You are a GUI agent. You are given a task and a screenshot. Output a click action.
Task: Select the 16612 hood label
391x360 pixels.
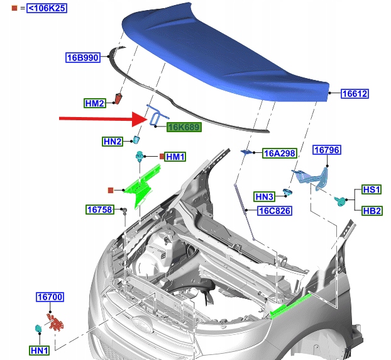pos(355,94)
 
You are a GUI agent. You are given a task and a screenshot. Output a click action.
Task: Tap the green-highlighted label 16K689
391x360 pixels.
pos(184,127)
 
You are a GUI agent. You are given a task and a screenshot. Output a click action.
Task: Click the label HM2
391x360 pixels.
pos(95,103)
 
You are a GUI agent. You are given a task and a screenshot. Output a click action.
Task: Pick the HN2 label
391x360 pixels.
pos(113,142)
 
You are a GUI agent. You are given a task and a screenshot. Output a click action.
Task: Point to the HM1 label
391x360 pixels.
pos(175,157)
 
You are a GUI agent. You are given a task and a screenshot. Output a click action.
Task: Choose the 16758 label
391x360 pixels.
pos(100,209)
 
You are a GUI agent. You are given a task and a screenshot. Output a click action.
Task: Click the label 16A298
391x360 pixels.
pos(279,153)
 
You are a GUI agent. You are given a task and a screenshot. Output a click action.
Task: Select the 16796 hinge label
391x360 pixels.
pos(327,150)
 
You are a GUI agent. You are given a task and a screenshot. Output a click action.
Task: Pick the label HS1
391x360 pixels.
pos(372,189)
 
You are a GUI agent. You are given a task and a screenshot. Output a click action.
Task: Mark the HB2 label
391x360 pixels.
pos(372,211)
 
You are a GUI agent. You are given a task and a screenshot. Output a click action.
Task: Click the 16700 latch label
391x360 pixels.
pos(50,296)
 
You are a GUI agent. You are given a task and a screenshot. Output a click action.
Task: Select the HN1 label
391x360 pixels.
pos(40,349)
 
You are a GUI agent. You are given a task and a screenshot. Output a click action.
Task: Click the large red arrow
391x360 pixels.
pos(101,118)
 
